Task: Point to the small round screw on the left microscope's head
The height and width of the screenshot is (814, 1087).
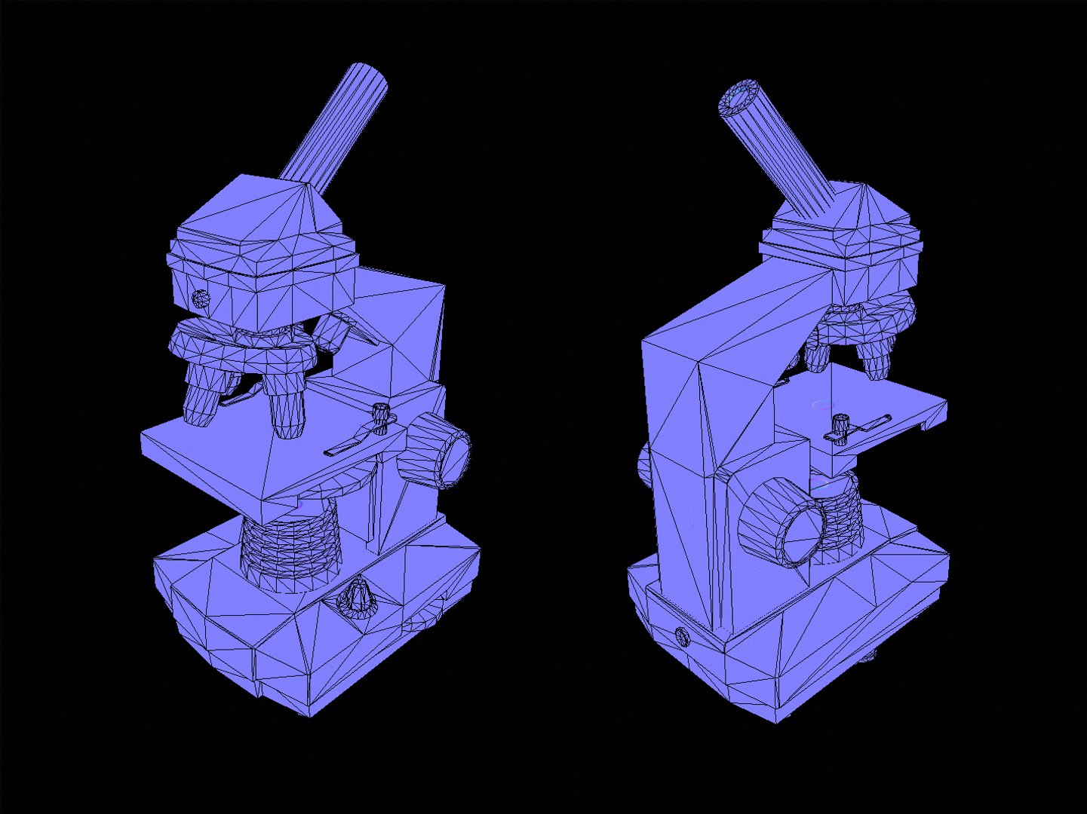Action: coord(201,298)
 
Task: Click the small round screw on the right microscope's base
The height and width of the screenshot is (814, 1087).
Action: coord(683,637)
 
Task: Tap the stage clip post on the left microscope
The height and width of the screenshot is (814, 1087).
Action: coord(382,418)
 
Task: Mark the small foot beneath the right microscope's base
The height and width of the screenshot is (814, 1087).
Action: coord(868,656)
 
